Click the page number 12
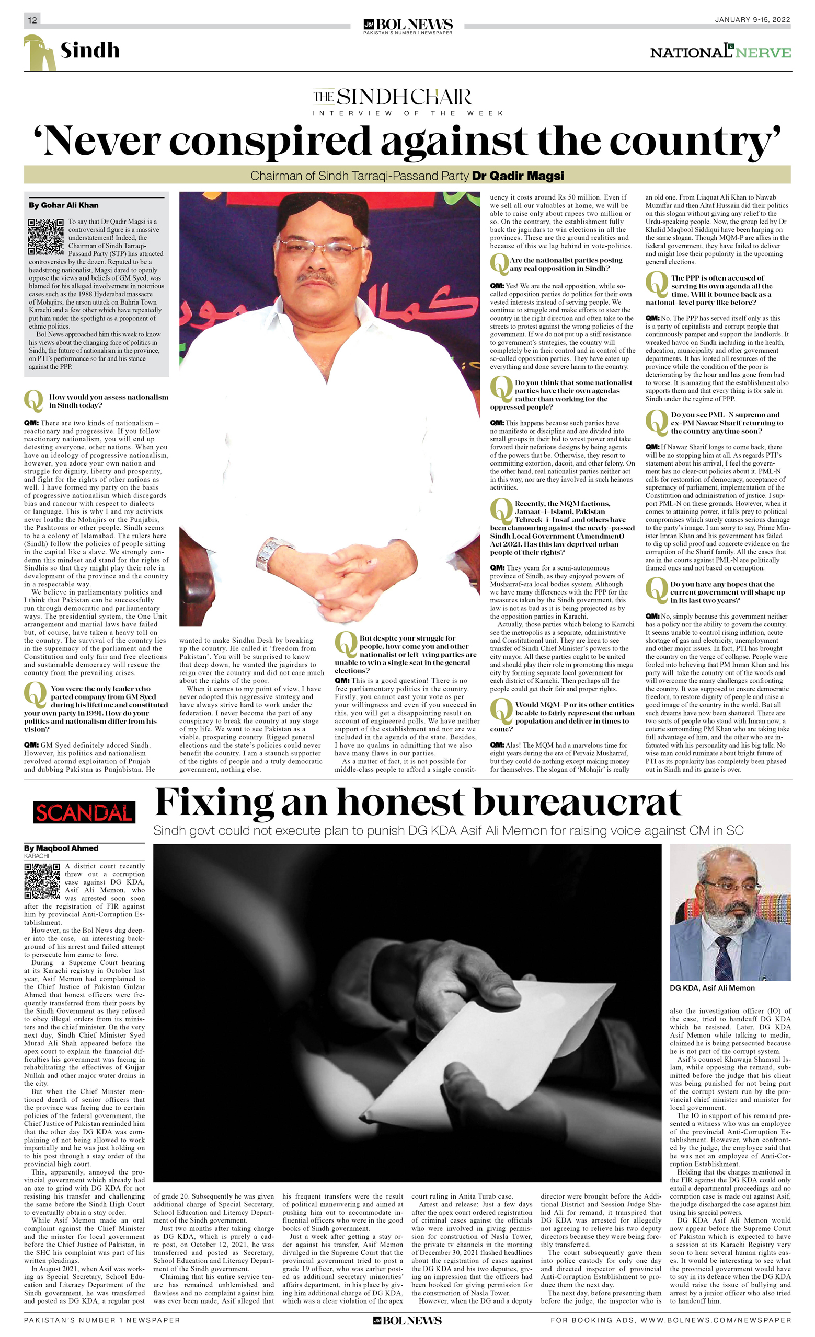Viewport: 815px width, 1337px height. [32, 20]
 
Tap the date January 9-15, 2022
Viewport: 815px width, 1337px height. [752, 19]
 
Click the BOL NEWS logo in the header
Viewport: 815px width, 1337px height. [408, 25]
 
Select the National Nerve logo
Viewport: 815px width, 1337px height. [720, 52]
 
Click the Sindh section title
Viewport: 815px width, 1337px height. [89, 51]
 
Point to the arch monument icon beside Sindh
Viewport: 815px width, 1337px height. [39, 53]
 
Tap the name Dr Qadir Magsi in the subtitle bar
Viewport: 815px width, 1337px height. [518, 176]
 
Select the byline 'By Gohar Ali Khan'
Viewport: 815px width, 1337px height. [64, 205]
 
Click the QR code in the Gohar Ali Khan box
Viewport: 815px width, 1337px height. [46, 237]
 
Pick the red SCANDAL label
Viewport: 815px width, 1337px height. [84, 812]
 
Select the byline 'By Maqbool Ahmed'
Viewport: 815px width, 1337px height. [61, 848]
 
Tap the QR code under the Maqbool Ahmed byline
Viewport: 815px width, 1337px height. [42, 881]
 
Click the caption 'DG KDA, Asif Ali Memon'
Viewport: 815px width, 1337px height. [712, 988]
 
